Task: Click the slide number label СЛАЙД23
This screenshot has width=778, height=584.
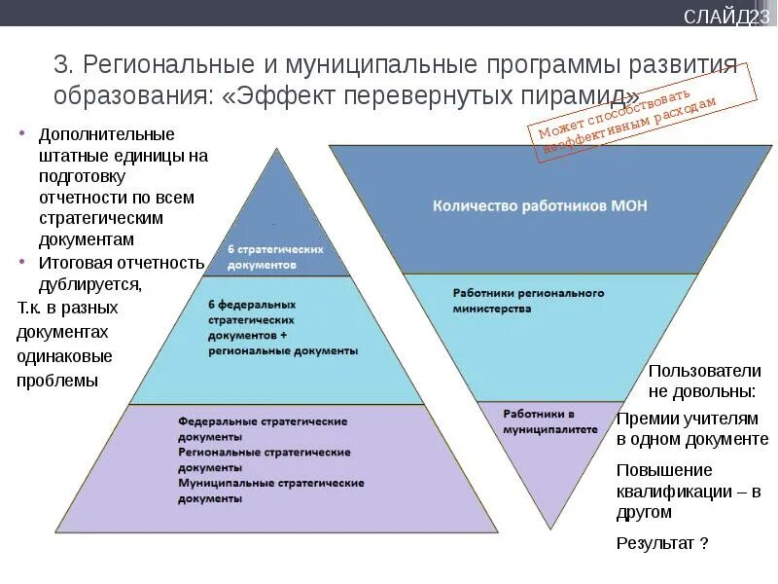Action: point(725,17)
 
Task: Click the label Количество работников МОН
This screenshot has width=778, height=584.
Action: point(539,205)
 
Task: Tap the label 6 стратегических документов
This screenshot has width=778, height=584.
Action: point(275,257)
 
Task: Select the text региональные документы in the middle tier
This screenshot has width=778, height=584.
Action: point(282,350)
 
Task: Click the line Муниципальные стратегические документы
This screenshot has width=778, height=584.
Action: point(270,490)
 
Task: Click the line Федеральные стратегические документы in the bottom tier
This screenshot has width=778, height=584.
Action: point(263,429)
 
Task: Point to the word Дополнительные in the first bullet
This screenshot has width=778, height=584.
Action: point(107,133)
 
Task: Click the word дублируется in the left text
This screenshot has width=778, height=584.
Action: point(89,284)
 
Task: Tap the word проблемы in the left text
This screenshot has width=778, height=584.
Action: point(57,381)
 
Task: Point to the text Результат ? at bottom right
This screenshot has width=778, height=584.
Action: point(661,543)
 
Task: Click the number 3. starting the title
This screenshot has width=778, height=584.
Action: point(64,66)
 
